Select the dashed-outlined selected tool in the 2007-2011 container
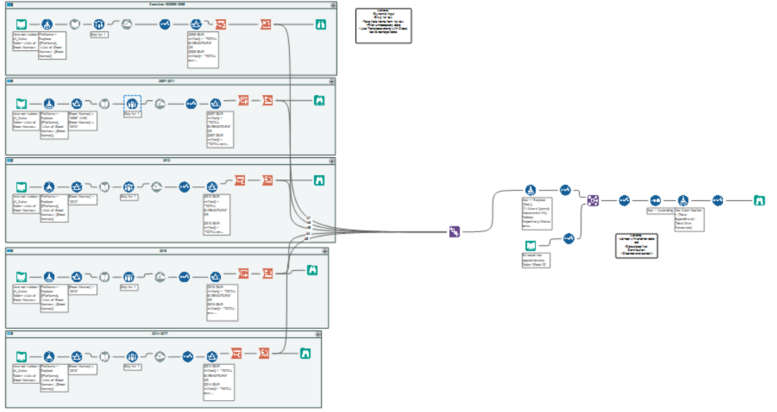coord(132,102)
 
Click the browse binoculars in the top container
coord(322,25)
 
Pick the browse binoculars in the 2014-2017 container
coord(305,352)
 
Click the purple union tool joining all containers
coord(455,231)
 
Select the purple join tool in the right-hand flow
coord(593,200)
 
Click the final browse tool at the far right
coord(758,200)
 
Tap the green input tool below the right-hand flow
coord(532,244)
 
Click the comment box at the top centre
coord(383,25)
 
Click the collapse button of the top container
coord(332,5)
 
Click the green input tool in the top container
coord(22,25)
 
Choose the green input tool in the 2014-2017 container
coord(22,355)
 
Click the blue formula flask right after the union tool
coord(531,190)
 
